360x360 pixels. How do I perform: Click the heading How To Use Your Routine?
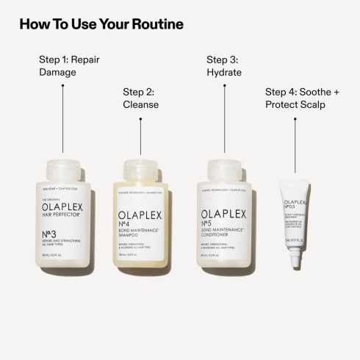point(101,24)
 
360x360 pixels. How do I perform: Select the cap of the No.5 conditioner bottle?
point(226,170)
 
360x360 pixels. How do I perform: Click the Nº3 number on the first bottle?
point(51,236)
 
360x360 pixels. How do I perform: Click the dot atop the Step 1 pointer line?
point(62,85)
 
